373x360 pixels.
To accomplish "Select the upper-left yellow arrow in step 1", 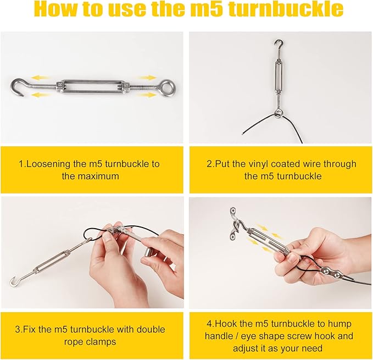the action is [41, 77].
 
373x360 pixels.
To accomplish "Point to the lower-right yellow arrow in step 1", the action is [146, 95].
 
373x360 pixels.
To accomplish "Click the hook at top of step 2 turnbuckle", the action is [279, 44].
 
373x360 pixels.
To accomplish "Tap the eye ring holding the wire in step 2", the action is [278, 113].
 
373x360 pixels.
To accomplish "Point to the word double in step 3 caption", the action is [151, 330].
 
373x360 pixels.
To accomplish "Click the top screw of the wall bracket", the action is [232, 211].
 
